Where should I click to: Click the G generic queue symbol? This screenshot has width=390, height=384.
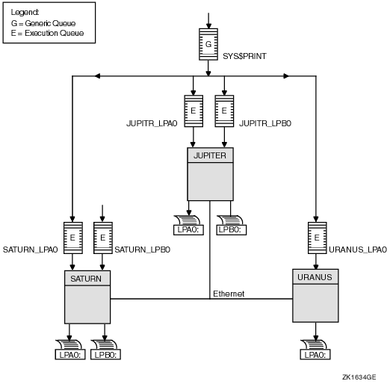[x=208, y=44]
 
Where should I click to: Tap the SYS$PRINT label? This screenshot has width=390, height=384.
[x=244, y=56]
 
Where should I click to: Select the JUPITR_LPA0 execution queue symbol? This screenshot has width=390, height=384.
[x=194, y=111]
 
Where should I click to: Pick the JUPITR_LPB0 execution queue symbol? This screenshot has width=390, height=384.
[x=224, y=111]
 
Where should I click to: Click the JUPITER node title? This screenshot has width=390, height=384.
[x=210, y=155]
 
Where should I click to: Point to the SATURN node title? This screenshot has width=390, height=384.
[x=86, y=279]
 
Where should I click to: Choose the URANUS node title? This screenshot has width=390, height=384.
[x=315, y=277]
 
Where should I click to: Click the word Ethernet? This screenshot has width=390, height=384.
[x=229, y=294]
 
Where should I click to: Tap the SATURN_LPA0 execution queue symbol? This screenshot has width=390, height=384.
[x=73, y=238]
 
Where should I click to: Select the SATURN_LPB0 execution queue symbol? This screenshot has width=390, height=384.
[x=103, y=238]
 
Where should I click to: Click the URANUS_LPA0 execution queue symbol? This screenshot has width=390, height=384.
[x=317, y=238]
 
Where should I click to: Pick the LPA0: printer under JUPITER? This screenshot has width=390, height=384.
[x=188, y=225]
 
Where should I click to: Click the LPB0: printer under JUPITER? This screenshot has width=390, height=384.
[x=232, y=225]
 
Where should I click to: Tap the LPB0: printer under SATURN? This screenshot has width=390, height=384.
[x=105, y=350]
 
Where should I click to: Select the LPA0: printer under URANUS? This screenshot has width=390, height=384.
[x=315, y=350]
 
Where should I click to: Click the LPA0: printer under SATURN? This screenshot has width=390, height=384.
[x=70, y=350]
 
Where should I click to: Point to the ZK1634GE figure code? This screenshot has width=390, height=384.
[x=359, y=377]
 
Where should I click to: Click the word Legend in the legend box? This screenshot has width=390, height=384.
[x=25, y=12]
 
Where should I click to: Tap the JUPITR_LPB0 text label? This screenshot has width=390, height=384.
[x=265, y=123]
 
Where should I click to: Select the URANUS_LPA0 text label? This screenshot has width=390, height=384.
[x=358, y=250]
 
